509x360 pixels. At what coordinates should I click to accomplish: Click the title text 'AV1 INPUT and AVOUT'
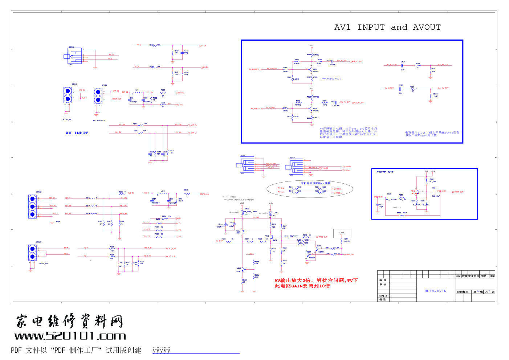(387, 28)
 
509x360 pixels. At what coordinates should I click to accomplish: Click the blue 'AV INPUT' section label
(77, 133)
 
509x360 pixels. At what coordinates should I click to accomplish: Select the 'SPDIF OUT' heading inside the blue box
(385, 172)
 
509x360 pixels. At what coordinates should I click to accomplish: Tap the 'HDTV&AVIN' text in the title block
(435, 291)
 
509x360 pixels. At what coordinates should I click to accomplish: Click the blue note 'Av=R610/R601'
(331, 79)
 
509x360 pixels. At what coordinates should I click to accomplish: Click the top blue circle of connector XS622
(32, 199)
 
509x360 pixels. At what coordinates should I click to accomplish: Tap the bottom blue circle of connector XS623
(32, 257)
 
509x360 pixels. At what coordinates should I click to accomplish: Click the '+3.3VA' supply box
(342, 233)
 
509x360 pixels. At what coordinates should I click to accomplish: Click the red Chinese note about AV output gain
(316, 283)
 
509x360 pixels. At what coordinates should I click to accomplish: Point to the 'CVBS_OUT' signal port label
(323, 237)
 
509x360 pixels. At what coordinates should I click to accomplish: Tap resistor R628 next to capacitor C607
(418, 65)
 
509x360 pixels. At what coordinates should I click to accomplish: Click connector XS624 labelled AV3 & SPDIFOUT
(98, 96)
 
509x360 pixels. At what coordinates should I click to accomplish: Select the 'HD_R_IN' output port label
(172, 249)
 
